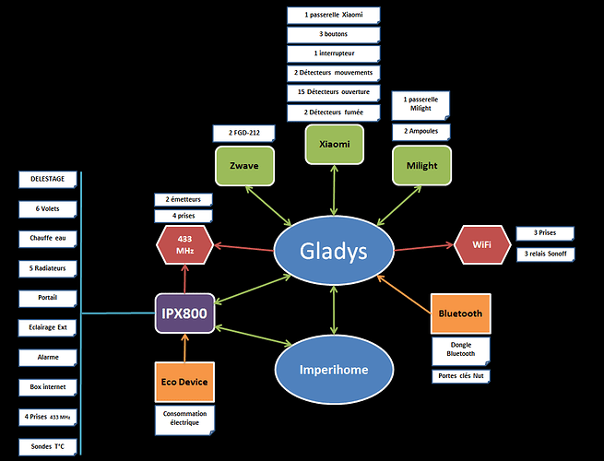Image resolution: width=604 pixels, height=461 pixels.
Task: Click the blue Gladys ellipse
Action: point(334,251)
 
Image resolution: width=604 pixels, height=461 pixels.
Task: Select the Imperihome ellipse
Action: point(334,370)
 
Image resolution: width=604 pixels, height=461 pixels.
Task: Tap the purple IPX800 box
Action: point(185,313)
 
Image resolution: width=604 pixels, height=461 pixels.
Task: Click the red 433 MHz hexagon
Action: point(185,245)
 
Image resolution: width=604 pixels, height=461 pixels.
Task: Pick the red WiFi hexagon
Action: point(482,244)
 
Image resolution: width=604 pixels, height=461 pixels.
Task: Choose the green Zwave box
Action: point(244,166)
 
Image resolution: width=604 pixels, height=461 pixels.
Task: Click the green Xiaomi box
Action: point(335,145)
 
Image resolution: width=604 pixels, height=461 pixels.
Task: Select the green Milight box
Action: point(421,166)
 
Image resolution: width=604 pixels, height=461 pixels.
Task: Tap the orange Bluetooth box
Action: point(461,313)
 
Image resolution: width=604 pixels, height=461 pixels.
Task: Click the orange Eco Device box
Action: point(184,382)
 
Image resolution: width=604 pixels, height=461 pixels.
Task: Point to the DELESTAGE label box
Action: point(48,180)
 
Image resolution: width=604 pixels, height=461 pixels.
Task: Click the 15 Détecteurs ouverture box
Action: point(334,92)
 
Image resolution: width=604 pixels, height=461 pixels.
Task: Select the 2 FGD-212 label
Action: point(243,134)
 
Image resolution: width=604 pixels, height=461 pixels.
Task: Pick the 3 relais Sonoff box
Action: point(546,254)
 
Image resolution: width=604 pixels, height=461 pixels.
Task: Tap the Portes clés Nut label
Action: point(461,376)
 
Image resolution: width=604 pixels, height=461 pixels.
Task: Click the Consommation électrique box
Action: point(185,420)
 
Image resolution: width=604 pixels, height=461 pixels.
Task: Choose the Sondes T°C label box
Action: point(48,447)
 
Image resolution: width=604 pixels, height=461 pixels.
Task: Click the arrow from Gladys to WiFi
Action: point(424,247)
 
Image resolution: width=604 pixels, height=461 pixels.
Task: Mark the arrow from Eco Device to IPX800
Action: point(185,348)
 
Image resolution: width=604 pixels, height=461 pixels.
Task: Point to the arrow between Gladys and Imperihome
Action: point(334,310)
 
